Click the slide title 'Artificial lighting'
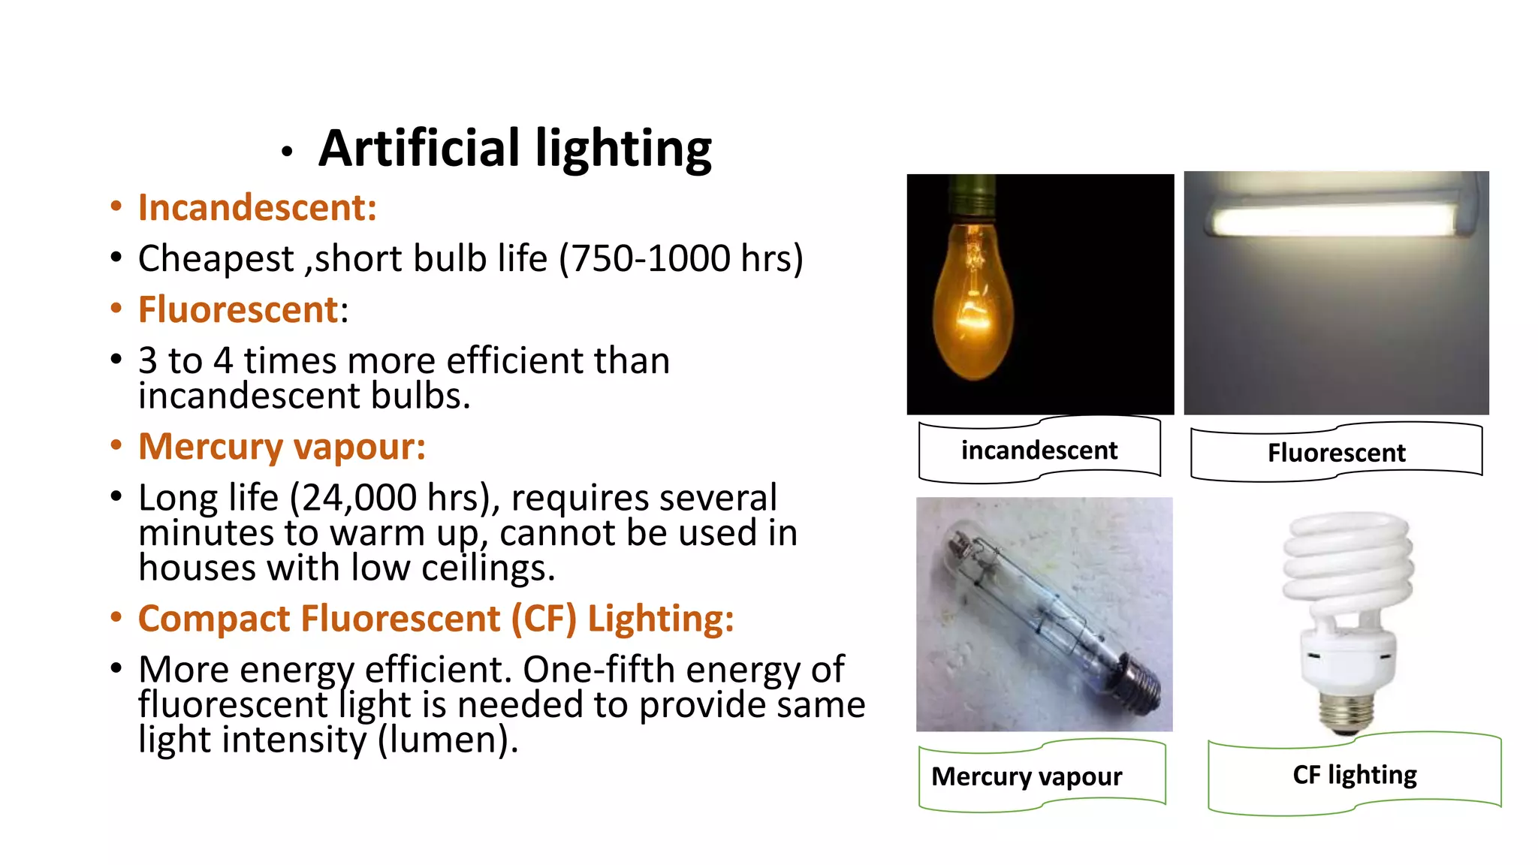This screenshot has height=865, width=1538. (x=515, y=149)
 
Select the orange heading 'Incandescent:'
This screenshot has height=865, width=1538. (x=257, y=208)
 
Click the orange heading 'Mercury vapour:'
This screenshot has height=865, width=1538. (x=282, y=447)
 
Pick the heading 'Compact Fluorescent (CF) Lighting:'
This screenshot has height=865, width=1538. (x=436, y=619)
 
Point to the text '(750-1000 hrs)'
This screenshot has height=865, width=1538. (x=681, y=259)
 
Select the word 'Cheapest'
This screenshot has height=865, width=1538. (x=216, y=260)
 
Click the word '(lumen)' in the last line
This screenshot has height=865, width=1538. (x=448, y=740)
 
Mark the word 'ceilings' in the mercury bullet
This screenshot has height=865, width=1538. (x=487, y=568)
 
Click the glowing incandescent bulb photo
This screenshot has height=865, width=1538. (x=973, y=300)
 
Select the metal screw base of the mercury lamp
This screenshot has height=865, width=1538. (x=1138, y=683)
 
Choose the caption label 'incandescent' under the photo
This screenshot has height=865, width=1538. (x=1039, y=451)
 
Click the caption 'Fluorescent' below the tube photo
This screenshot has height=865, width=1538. (x=1337, y=453)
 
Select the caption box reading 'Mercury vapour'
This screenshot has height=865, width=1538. (x=1027, y=776)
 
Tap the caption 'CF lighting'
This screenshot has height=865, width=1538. (x=1355, y=775)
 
